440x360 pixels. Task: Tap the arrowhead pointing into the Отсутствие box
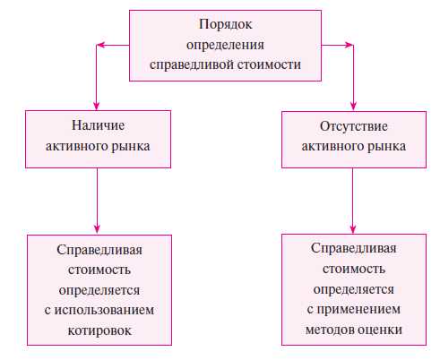tap(353, 104)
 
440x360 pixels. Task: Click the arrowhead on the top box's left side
tap(103, 44)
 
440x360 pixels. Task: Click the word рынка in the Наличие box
tap(130, 146)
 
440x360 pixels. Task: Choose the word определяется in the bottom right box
tap(353, 290)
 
